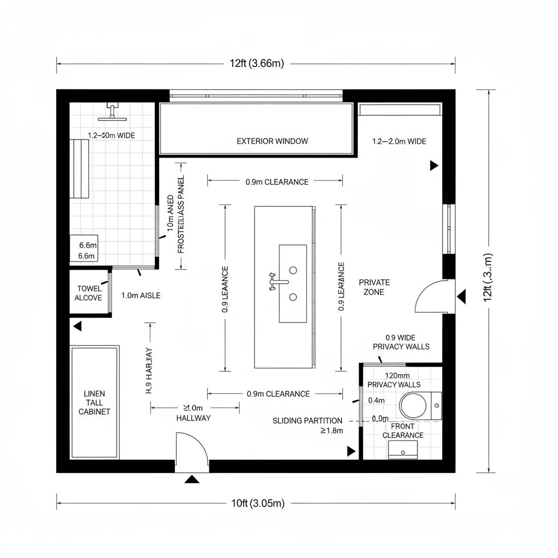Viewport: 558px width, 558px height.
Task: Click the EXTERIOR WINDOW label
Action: [272, 141]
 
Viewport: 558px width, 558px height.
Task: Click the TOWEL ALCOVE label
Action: [89, 293]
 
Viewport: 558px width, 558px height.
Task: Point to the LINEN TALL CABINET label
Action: [94, 402]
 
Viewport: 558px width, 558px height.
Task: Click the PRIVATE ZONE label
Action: [374, 287]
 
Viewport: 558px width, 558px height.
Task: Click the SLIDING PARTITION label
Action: [307, 421]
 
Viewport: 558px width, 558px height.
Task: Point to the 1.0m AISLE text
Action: [141, 295]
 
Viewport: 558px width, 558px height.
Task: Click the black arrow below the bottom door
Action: [192, 480]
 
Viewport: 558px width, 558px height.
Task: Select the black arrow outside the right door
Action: [462, 297]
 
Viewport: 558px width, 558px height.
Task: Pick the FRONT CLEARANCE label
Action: [403, 430]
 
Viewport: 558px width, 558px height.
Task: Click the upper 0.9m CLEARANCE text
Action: [277, 182]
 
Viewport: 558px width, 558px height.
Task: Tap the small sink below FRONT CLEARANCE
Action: [403, 450]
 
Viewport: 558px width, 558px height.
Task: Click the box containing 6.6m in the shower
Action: [84, 250]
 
